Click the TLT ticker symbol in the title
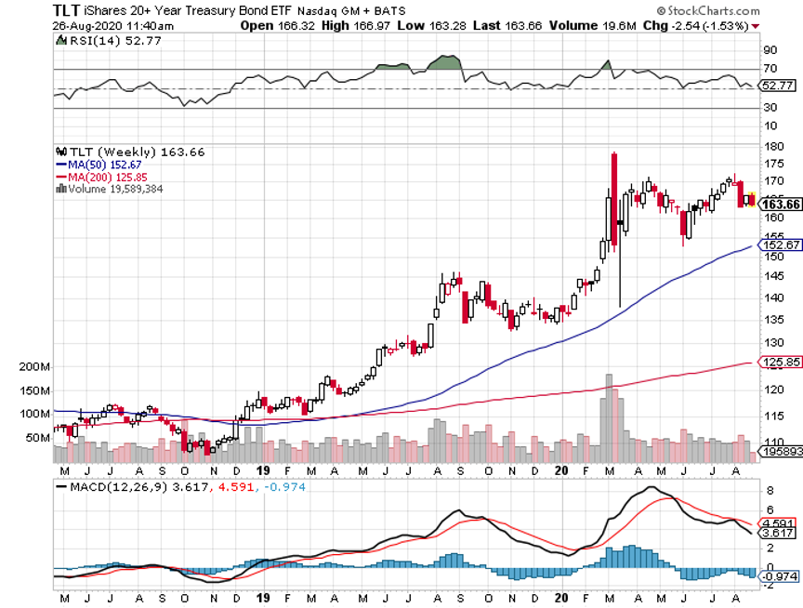tap(66, 8)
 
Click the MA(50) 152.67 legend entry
tap(99, 164)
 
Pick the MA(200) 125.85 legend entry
tap(101, 176)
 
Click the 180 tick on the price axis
tap(770, 146)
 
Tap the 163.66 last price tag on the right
tap(779, 205)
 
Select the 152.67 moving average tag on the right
tap(779, 245)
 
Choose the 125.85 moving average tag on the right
tap(779, 362)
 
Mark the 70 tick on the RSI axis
tap(770, 69)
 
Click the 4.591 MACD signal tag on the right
tap(779, 522)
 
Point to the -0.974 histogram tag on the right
tap(779, 577)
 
